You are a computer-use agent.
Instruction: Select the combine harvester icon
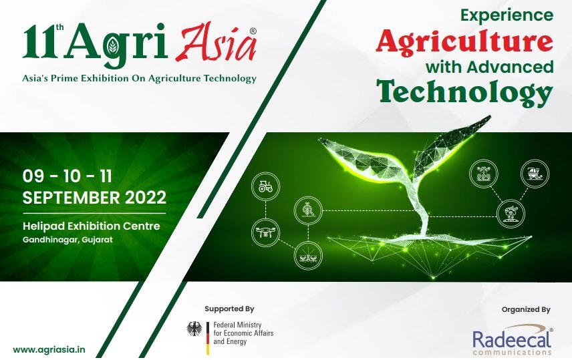[534, 173]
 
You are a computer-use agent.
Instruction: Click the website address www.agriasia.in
[49, 349]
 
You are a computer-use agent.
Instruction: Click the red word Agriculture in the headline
[464, 41]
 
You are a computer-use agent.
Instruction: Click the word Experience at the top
[509, 15]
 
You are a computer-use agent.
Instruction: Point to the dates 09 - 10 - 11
[67, 176]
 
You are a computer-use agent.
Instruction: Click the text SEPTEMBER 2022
[94, 198]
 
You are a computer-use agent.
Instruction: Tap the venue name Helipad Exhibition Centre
[92, 226]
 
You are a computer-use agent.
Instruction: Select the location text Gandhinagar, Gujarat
[67, 239]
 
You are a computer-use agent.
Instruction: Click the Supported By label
[229, 309]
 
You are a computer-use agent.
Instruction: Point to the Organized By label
[525, 309]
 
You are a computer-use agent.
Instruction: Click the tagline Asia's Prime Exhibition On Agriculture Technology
[139, 78]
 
